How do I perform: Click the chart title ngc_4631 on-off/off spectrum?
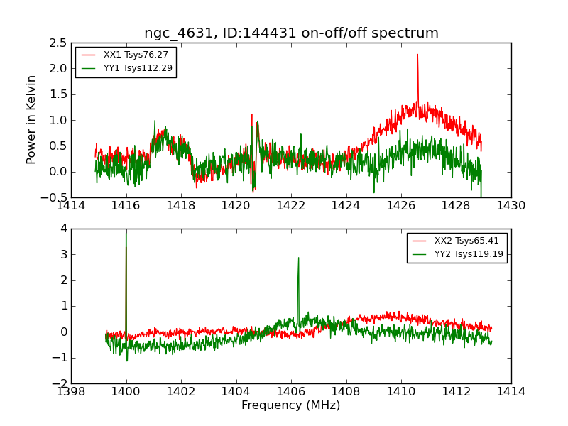[x=291, y=33]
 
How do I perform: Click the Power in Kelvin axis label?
[x=31, y=119]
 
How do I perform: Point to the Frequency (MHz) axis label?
[x=291, y=405]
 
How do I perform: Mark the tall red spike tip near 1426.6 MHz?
[x=417, y=55]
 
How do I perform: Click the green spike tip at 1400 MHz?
[x=126, y=233]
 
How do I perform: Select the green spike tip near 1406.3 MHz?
[x=298, y=258]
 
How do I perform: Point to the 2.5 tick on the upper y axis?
[x=59, y=43]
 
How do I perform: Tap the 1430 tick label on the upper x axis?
[x=511, y=206]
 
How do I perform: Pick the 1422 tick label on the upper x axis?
[x=291, y=206]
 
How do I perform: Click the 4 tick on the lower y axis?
[x=63, y=229]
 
